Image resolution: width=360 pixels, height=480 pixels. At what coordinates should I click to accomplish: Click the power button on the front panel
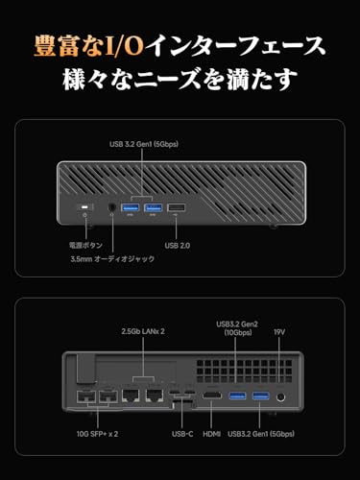pos(84,207)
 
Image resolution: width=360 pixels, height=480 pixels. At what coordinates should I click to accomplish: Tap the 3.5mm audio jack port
pos(111,207)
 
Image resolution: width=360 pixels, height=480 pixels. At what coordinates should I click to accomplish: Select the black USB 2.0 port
pos(176,208)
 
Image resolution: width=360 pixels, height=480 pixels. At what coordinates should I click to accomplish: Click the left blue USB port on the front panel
pos(130,207)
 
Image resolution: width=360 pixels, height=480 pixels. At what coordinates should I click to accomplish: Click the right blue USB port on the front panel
pos(154,207)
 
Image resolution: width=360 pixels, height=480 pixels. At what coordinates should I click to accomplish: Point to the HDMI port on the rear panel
pos(211,396)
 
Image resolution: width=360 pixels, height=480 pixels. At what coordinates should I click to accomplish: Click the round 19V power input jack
pos(280,397)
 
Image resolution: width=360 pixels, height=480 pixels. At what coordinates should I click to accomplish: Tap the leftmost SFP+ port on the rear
pos(85,396)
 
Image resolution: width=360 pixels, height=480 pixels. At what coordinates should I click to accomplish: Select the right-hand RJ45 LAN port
pos(155,396)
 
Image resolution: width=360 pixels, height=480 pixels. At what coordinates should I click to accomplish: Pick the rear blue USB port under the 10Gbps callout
pos(237,396)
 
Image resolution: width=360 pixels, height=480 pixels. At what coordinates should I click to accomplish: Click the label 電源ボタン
pos(85,246)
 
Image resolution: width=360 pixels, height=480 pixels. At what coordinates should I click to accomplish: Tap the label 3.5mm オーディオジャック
pos(112,259)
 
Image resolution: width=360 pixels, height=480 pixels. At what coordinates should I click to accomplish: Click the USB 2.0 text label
pos(178,246)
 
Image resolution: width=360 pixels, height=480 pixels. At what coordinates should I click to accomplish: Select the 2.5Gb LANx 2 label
pos(143,331)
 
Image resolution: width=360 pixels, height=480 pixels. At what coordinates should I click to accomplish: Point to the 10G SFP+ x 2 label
pos(97,434)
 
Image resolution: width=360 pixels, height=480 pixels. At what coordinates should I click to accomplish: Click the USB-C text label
pos(182,434)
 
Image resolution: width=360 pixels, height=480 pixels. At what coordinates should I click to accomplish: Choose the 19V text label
pos(279,332)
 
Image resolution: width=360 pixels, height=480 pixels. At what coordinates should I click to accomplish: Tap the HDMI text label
pos(212,434)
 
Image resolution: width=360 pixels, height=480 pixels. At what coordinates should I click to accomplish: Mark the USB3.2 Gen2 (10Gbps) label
pos(237,328)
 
